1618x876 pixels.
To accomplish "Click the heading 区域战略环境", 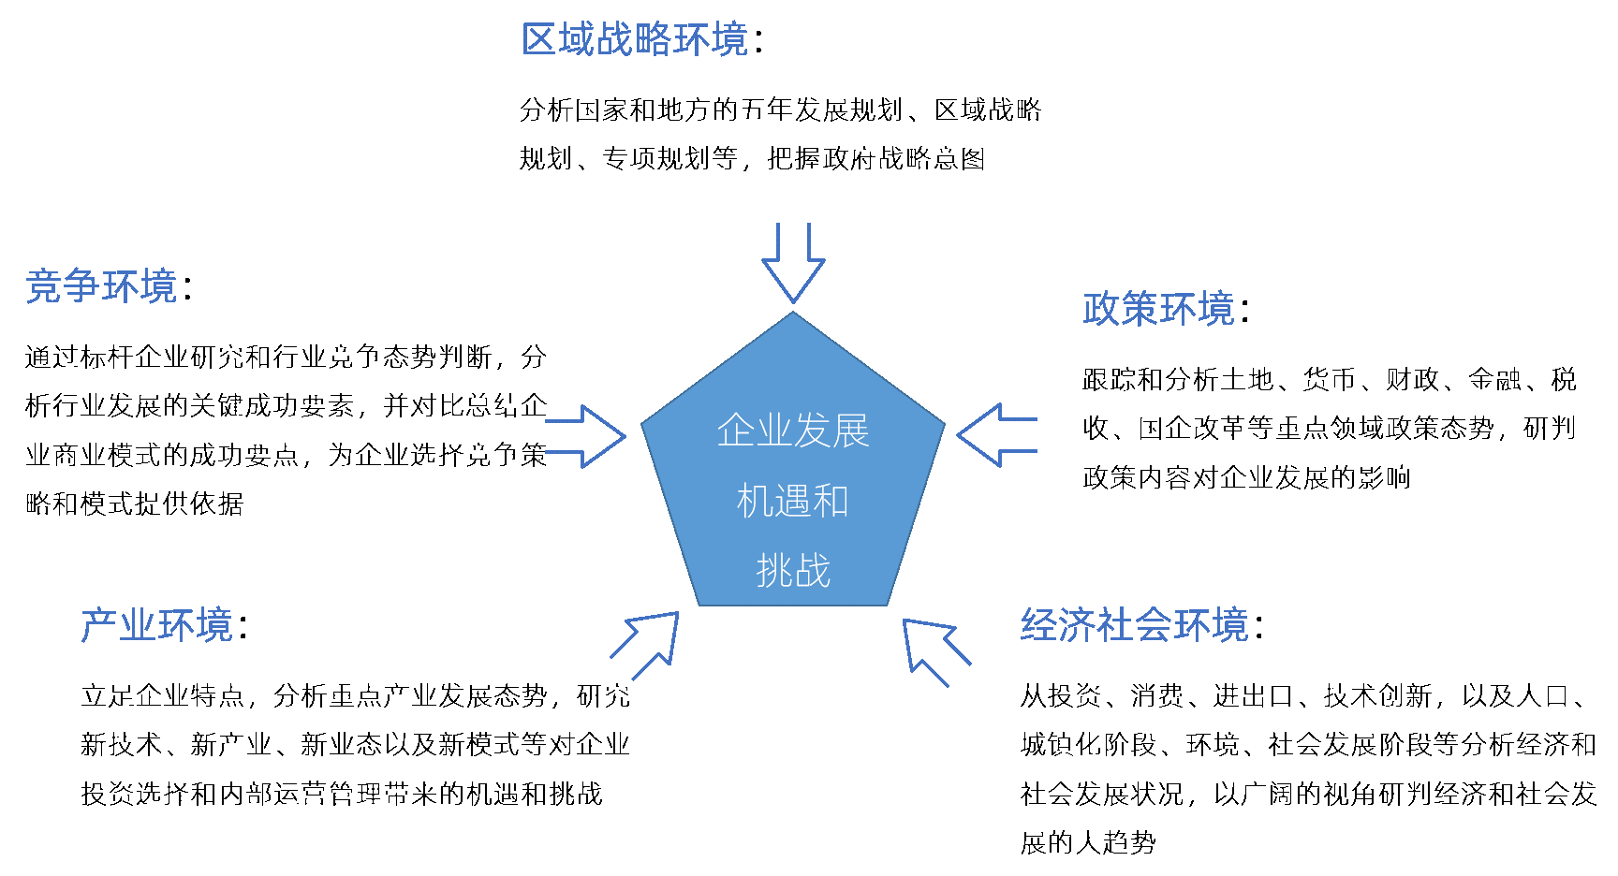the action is (x=635, y=40).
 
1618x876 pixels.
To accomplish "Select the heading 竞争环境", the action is (x=101, y=286).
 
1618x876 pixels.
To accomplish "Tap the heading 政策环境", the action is (x=1158, y=309).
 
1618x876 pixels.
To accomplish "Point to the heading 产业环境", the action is (x=157, y=625).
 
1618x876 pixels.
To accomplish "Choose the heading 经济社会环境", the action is (x=1135, y=625).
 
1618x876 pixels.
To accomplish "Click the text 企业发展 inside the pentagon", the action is (x=793, y=431).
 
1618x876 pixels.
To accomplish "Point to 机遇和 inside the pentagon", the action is (x=793, y=502).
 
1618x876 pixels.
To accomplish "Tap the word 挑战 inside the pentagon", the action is (x=793, y=571).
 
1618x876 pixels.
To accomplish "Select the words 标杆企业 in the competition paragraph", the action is (x=135, y=357).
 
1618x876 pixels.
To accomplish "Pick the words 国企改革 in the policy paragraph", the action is (x=1192, y=429).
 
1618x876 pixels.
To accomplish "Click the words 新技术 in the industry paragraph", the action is (x=122, y=745).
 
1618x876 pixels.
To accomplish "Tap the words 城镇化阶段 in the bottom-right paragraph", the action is (x=1089, y=745).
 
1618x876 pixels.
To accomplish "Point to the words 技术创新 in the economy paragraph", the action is (x=1377, y=696).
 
